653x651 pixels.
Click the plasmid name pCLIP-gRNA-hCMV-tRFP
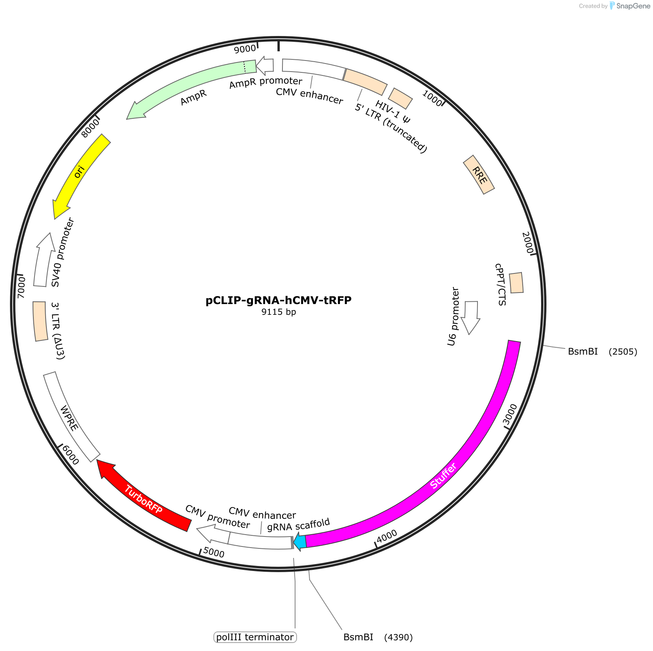[x=279, y=300]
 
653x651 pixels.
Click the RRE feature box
[x=479, y=175]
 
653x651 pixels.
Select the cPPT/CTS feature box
[x=516, y=283]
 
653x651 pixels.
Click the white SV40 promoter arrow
[x=44, y=260]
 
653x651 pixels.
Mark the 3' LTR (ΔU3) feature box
[x=40, y=321]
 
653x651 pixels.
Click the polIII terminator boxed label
[x=255, y=637]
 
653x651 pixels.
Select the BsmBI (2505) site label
[x=602, y=352]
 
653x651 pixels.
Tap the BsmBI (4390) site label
[x=378, y=637]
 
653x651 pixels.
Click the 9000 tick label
[x=245, y=49]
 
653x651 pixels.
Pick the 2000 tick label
[x=528, y=243]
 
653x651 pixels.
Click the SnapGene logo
[x=630, y=6]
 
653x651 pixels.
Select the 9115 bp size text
[x=279, y=312]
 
